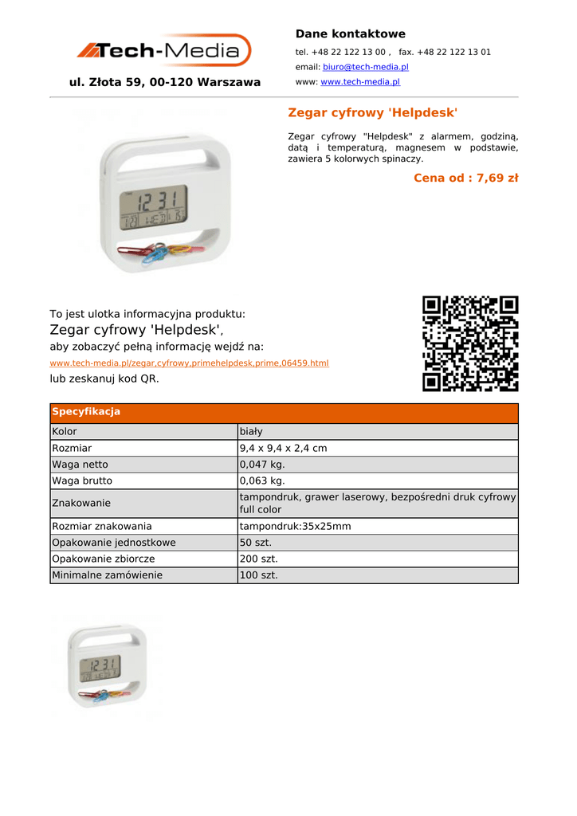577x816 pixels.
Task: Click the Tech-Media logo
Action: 164,51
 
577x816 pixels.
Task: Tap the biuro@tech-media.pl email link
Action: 365,67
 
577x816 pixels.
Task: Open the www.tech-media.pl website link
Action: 360,82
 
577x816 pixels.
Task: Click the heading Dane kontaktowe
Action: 350,33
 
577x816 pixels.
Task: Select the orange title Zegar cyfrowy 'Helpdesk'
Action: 372,113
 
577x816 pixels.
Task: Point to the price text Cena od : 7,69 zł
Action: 465,178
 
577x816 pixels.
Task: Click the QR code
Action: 470,343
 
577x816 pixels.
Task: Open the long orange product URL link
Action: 189,363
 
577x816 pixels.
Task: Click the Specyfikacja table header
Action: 85,412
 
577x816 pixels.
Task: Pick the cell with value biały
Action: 251,432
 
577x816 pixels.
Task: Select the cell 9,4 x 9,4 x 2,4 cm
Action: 283,449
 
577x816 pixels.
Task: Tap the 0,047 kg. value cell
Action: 262,465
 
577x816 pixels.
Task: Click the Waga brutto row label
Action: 82,481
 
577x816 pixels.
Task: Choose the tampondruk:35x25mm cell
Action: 295,527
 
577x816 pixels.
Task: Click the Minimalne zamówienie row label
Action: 107,575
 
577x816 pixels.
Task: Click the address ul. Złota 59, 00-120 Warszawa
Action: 165,82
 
